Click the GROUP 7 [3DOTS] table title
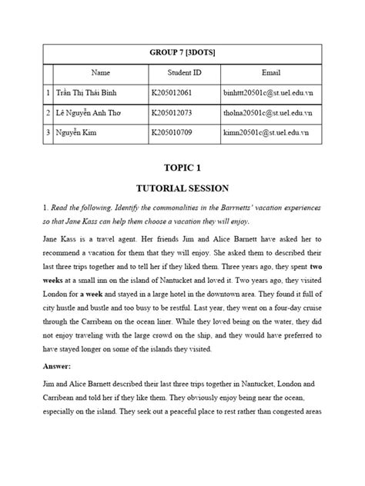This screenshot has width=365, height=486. click(x=182, y=52)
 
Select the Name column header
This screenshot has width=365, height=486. click(x=101, y=73)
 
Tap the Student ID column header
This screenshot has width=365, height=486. click(x=185, y=73)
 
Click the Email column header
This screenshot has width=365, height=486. click(x=271, y=73)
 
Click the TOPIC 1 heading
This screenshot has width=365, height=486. click(x=182, y=167)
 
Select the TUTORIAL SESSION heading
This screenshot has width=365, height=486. click(x=182, y=188)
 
